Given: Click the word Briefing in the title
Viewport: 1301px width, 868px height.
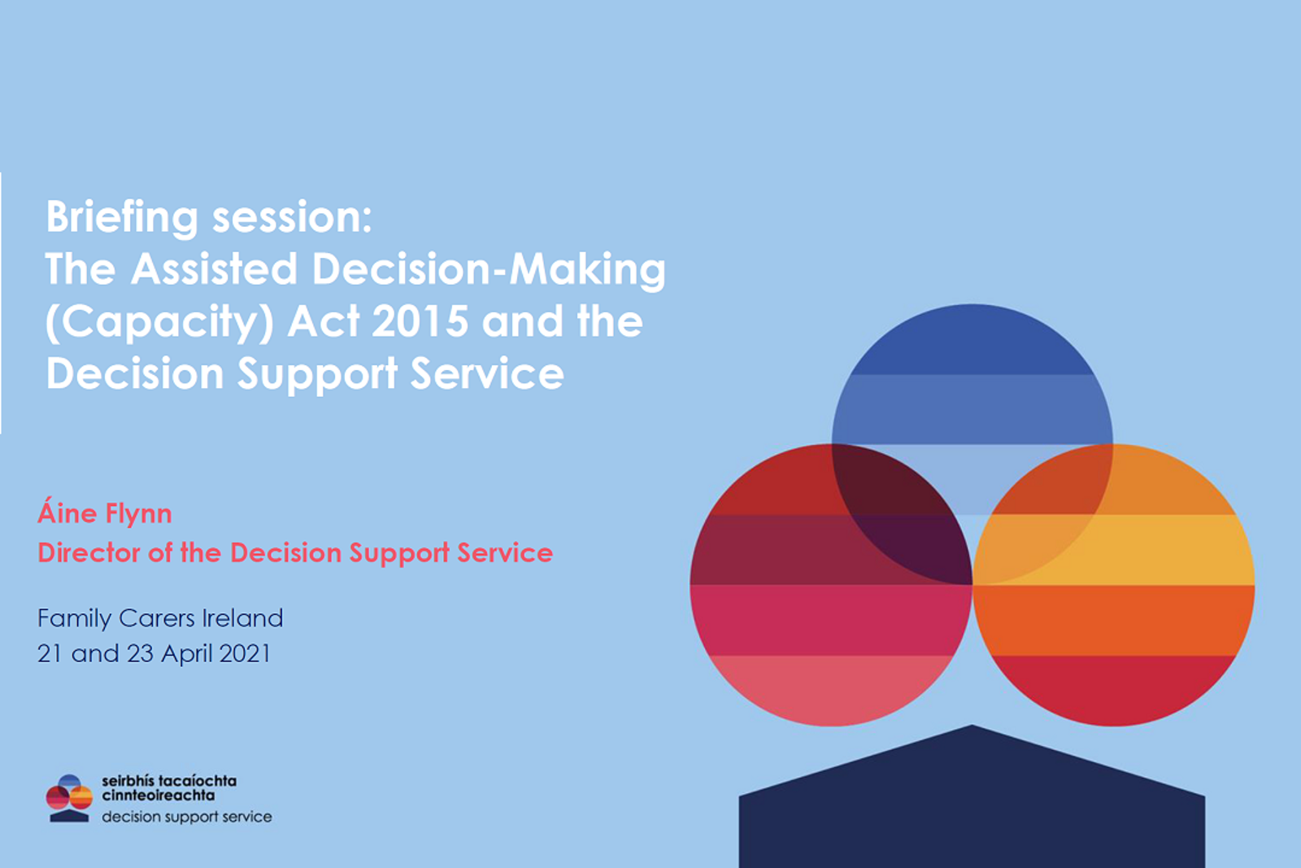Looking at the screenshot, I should click(122, 218).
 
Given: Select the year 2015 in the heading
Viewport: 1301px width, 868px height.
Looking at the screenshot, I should click(420, 321).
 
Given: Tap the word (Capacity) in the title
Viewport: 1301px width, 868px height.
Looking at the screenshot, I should click(159, 323).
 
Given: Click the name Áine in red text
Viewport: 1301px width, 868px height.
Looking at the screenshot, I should click(67, 513).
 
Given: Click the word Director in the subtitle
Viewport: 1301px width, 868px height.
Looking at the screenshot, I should click(89, 553).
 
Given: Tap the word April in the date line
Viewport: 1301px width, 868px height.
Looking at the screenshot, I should click(186, 654).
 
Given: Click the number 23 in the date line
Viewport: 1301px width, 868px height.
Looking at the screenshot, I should click(140, 653).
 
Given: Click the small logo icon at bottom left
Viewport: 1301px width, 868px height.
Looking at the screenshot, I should click(69, 798).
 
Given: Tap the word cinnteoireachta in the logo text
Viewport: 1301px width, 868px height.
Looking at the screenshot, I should click(158, 796).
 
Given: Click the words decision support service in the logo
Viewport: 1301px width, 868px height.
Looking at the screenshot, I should click(186, 817).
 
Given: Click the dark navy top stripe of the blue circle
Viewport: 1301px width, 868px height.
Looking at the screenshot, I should click(972, 342).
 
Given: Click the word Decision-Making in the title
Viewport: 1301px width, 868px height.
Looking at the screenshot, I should click(489, 270).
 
